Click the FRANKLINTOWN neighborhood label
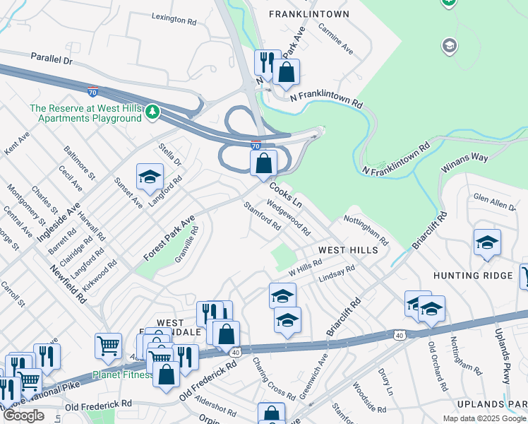[x=308, y=13]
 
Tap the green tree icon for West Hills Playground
[x=151, y=112]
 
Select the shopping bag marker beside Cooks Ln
[x=263, y=164]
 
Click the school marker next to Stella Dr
[x=150, y=177]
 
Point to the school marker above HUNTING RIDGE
[x=487, y=243]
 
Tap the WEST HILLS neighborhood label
[x=348, y=250]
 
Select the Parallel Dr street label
[x=52, y=60]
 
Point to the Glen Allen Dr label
[x=494, y=201]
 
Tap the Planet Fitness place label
[x=121, y=375]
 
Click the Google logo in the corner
[x=23, y=416]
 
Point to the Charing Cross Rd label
[x=273, y=379]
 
